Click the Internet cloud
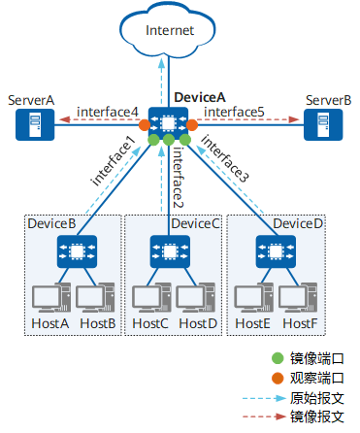[167, 31]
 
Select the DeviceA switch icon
[168, 123]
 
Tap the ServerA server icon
[35, 124]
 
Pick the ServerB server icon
[323, 124]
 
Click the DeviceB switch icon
[77, 251]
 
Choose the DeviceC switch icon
[170, 251]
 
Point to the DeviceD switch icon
[276, 251]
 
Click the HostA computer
[51, 297]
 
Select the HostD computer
[196, 297]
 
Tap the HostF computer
[298, 297]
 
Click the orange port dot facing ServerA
[145, 125]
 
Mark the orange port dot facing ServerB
[192, 125]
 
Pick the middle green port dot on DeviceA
[169, 140]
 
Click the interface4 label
[108, 112]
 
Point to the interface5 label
[234, 112]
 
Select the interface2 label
[178, 178]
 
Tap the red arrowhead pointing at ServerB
[294, 119]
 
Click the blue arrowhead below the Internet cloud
[161, 63]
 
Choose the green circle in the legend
[278, 358]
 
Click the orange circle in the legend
[278, 378]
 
